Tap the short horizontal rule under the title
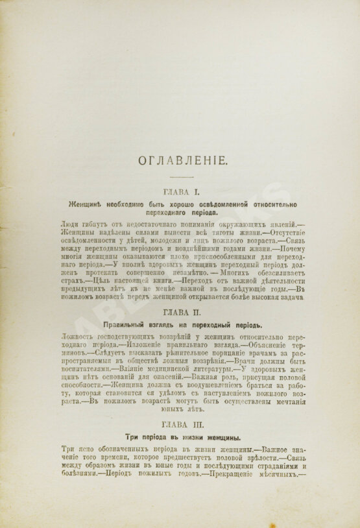180,178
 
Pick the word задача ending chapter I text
287,297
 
